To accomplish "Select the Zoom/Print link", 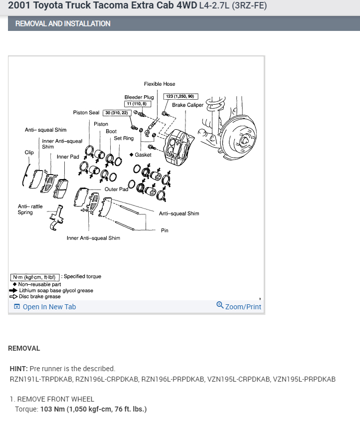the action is click(x=239, y=306).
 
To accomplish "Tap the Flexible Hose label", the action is click(x=160, y=84).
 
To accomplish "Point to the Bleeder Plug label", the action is click(x=139, y=97).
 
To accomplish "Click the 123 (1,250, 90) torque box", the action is click(x=180, y=96).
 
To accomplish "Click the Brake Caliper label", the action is click(x=187, y=105).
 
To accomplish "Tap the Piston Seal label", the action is click(x=86, y=113).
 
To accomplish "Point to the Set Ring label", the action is click(x=124, y=138).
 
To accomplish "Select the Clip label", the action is click(x=29, y=152).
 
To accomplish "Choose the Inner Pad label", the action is click(x=68, y=157).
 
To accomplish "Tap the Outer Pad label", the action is click(x=116, y=190).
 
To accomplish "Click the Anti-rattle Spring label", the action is click(x=30, y=210).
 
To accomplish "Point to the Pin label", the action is click(x=165, y=230).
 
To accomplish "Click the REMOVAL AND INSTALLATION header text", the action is click(x=63, y=23).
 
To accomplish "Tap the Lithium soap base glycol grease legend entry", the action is click(x=56, y=290).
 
